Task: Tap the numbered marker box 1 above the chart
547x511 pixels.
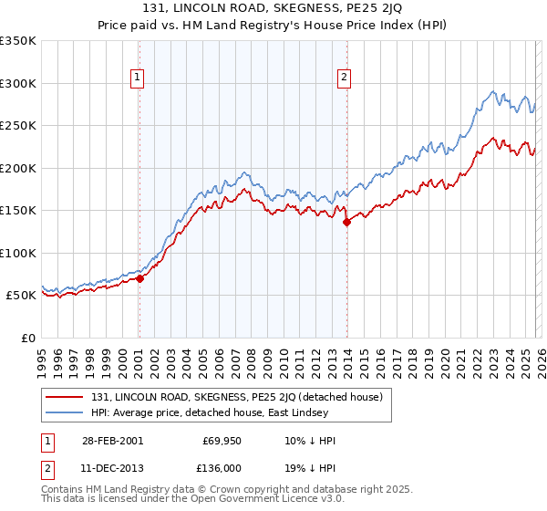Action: click(x=138, y=78)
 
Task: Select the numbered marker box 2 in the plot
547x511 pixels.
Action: click(x=345, y=78)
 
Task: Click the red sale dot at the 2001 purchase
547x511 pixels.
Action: click(x=139, y=279)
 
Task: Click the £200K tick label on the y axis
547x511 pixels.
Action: click(x=18, y=168)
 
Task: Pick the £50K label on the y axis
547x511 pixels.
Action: click(x=21, y=296)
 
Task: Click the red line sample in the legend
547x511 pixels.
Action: click(x=66, y=397)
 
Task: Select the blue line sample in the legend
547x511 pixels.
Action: click(x=66, y=412)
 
